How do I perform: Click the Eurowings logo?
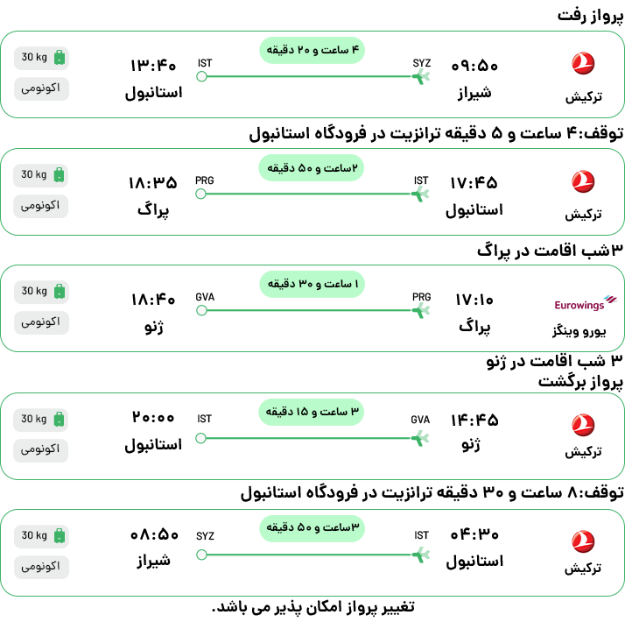pos(586,303)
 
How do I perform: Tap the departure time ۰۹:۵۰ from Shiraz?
pos(474,66)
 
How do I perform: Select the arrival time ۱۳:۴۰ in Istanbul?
pos(153,66)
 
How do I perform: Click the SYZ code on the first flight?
pos(422,63)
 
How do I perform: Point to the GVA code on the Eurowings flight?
pos(205,297)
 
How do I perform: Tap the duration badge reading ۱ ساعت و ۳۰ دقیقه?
pos(312,284)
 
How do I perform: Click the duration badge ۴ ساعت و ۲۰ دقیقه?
pos(312,50)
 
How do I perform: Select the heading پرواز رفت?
pos(590,16)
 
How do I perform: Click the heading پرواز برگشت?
pos(580,382)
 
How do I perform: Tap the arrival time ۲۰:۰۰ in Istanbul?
pos(153,417)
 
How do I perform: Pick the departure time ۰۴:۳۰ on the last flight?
pos(474,534)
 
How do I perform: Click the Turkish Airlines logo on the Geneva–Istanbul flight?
pos(583,425)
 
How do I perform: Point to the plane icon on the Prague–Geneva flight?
pos(421,310)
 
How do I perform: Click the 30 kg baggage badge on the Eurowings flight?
pos(41,291)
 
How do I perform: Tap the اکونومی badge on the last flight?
pos(41,567)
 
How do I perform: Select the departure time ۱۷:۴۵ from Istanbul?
pos(474,183)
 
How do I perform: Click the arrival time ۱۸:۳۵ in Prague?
pos(153,183)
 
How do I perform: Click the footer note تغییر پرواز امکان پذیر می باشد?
pos(313,607)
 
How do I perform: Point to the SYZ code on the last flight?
pos(205,536)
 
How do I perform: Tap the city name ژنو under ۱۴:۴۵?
pos(471,444)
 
